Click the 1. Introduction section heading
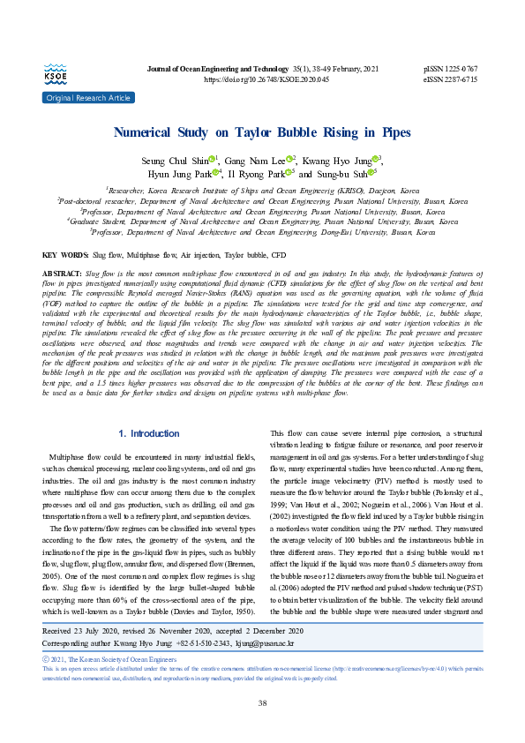pos(148,433)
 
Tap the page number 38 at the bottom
pos(262,702)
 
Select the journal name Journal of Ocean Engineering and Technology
pos(236,69)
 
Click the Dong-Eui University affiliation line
pos(262,232)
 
